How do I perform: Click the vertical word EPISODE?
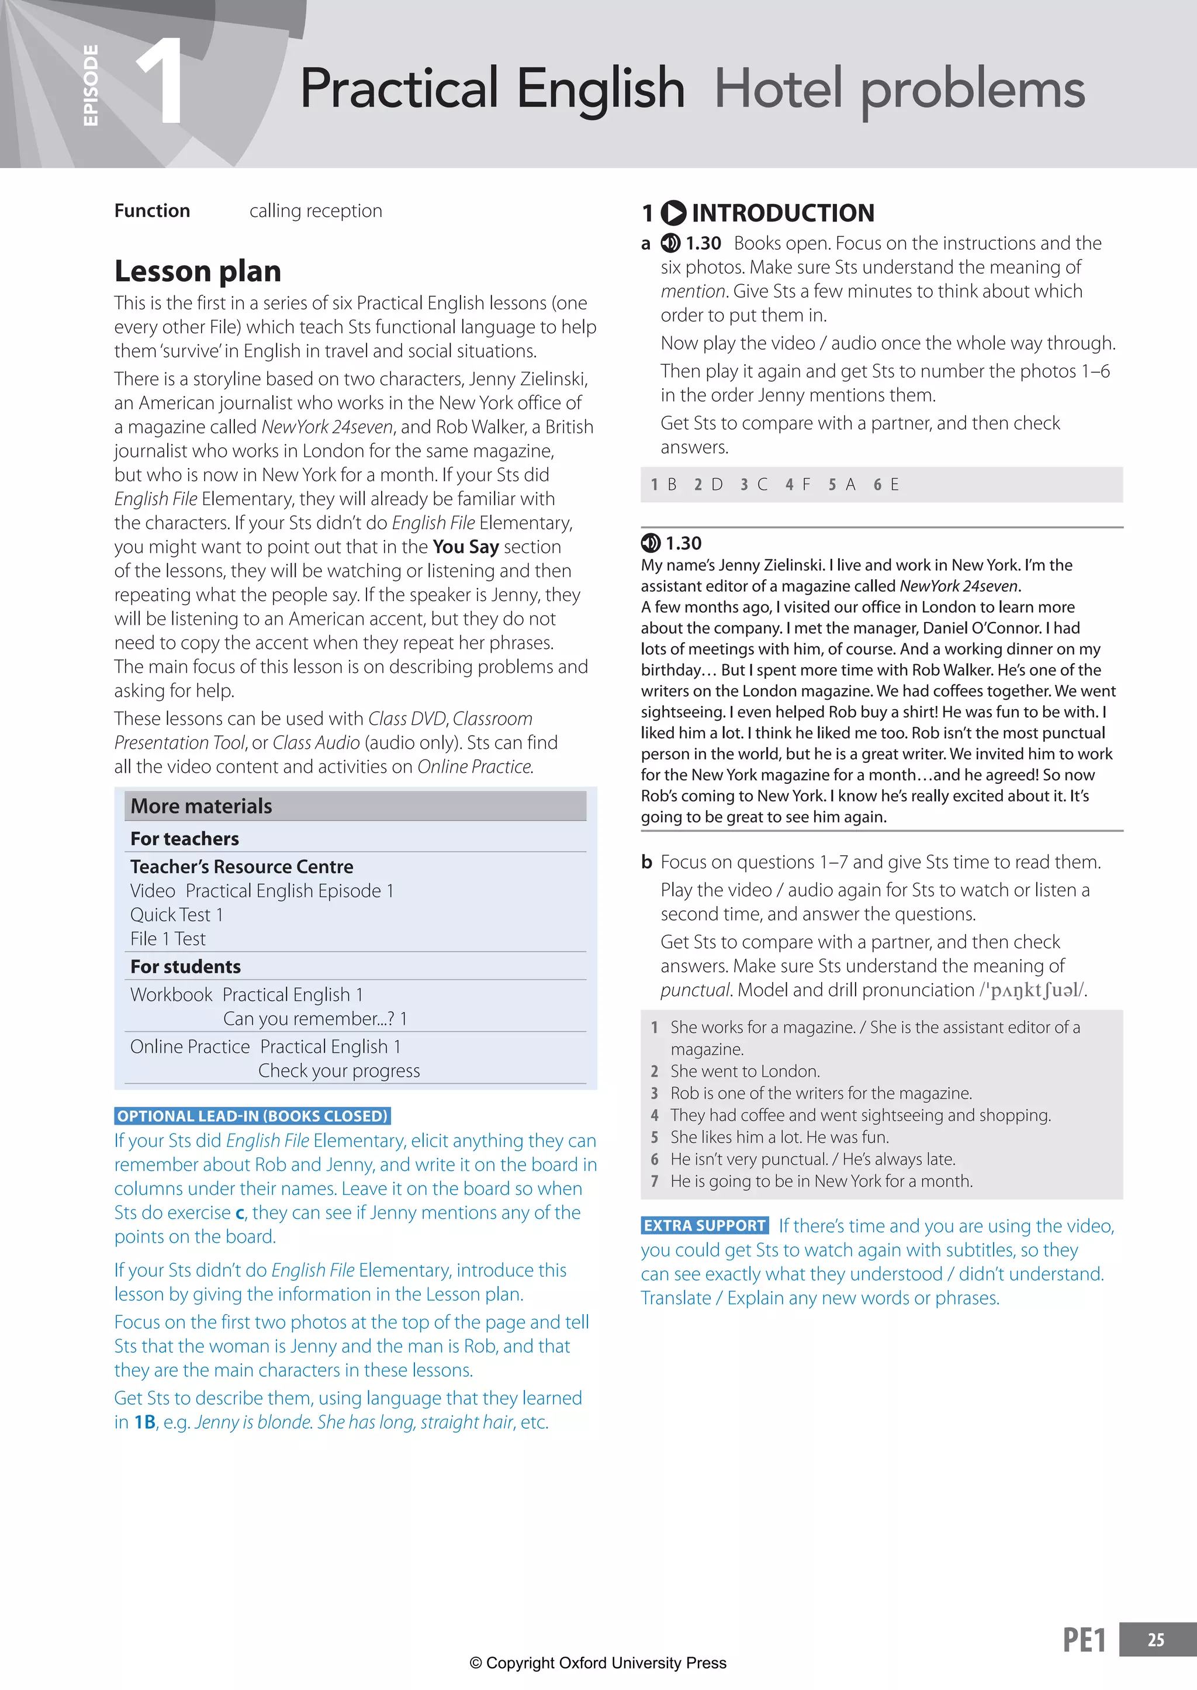91,85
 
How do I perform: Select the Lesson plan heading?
198,271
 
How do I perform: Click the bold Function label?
152,211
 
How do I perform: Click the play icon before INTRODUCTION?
673,213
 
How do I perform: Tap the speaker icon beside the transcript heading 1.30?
650,543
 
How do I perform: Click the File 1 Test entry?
168,939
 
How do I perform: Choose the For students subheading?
186,966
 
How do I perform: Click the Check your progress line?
339,1071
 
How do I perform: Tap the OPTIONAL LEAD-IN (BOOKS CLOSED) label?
252,1116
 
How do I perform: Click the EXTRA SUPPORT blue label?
705,1225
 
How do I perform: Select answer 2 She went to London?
745,1071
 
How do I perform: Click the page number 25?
1156,1640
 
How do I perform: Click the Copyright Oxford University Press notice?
598,1663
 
